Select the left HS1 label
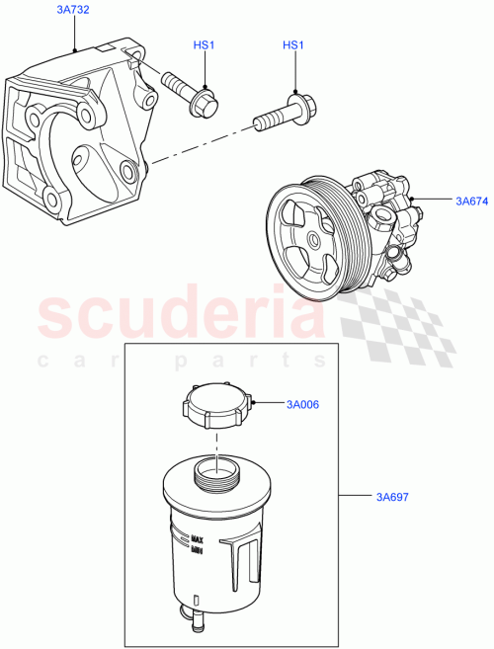point(204,45)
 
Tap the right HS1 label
point(293,45)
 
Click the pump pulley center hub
point(312,238)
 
